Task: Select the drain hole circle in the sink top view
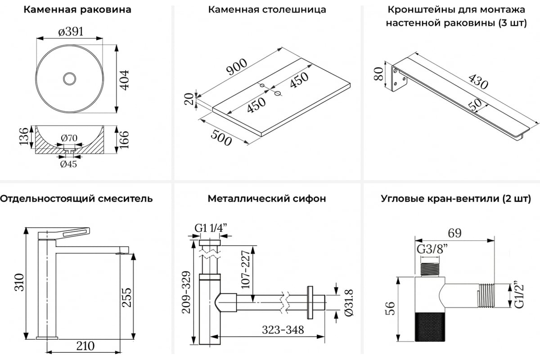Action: point(69,79)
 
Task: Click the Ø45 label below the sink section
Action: point(68,164)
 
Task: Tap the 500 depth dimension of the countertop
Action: point(220,135)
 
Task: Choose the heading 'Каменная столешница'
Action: point(267,9)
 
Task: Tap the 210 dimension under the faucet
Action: point(85,346)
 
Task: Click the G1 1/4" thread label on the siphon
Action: point(210,229)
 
